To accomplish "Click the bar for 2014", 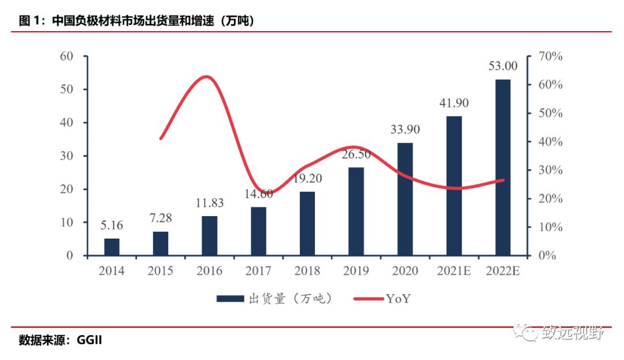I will [x=112, y=247].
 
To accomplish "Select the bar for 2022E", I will [x=503, y=168].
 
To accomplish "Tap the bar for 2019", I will [x=356, y=211].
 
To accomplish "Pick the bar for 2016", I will [x=210, y=236].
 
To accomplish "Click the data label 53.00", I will [x=503, y=66].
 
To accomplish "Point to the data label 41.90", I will [x=454, y=103].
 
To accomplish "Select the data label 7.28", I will [x=161, y=218].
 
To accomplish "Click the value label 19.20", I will [x=307, y=179].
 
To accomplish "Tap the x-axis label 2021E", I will [x=454, y=271].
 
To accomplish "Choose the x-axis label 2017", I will [x=258, y=271].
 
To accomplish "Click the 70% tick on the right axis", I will [x=550, y=56].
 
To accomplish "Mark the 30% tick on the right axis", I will [x=550, y=170].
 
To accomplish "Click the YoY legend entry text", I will [x=399, y=298].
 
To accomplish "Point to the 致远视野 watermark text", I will [x=572, y=333].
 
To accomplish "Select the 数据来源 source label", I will [x=43, y=340].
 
